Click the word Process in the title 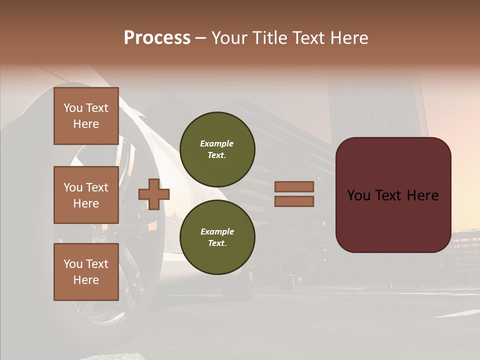click(157, 38)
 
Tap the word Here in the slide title click(348, 38)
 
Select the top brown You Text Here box click(86, 116)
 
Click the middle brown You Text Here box click(86, 195)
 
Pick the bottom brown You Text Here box click(86, 272)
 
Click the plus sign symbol click(154, 194)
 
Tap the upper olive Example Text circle click(217, 149)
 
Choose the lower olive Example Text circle click(217, 237)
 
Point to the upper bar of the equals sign click(294, 187)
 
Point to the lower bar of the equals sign click(294, 201)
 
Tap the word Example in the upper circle click(216, 143)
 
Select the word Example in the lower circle click(216, 231)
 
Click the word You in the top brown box click(73, 108)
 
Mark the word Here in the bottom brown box click(86, 280)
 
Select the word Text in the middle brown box click(96, 187)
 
